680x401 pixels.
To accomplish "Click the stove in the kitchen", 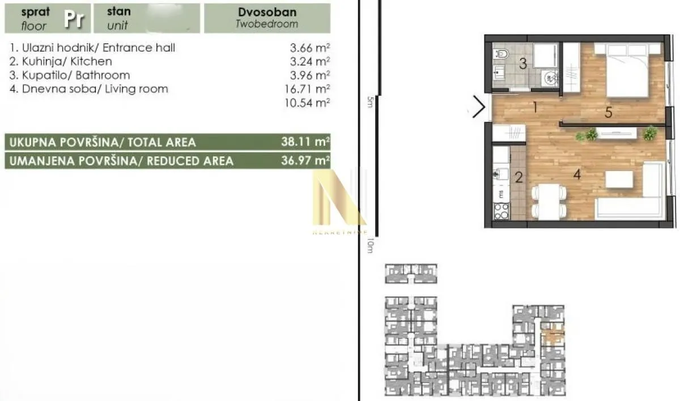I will point(501,211).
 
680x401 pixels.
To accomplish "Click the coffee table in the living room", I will point(619,180).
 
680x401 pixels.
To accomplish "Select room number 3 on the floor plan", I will point(524,64).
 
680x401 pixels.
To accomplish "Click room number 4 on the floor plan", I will point(577,174).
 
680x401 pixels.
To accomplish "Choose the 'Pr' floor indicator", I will point(73,19).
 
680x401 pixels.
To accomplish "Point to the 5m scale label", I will point(370,102).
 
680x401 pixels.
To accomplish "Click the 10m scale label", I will point(370,245).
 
